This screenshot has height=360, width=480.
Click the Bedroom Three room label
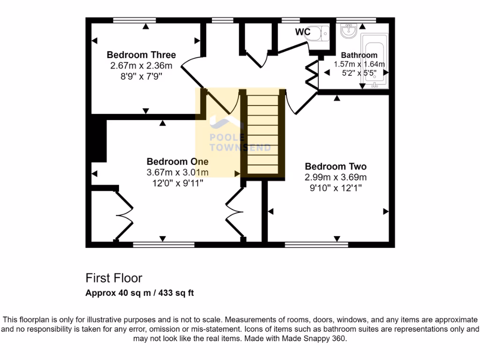[x=141, y=55]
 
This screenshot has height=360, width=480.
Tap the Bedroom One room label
[x=177, y=161]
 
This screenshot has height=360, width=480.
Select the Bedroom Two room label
[x=336, y=166]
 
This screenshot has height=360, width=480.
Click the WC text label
[x=303, y=32]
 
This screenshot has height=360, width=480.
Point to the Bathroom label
[x=359, y=55]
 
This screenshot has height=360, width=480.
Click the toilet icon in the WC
[x=320, y=33]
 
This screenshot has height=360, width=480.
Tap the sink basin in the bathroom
[x=349, y=31]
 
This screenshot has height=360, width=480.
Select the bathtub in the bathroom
[x=378, y=61]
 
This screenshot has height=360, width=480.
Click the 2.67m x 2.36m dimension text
[x=141, y=65]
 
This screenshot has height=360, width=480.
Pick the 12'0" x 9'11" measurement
[x=177, y=183]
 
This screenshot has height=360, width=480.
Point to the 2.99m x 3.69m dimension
[x=336, y=177]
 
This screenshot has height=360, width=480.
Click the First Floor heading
[x=113, y=278]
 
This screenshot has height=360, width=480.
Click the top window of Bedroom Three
[x=135, y=20]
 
